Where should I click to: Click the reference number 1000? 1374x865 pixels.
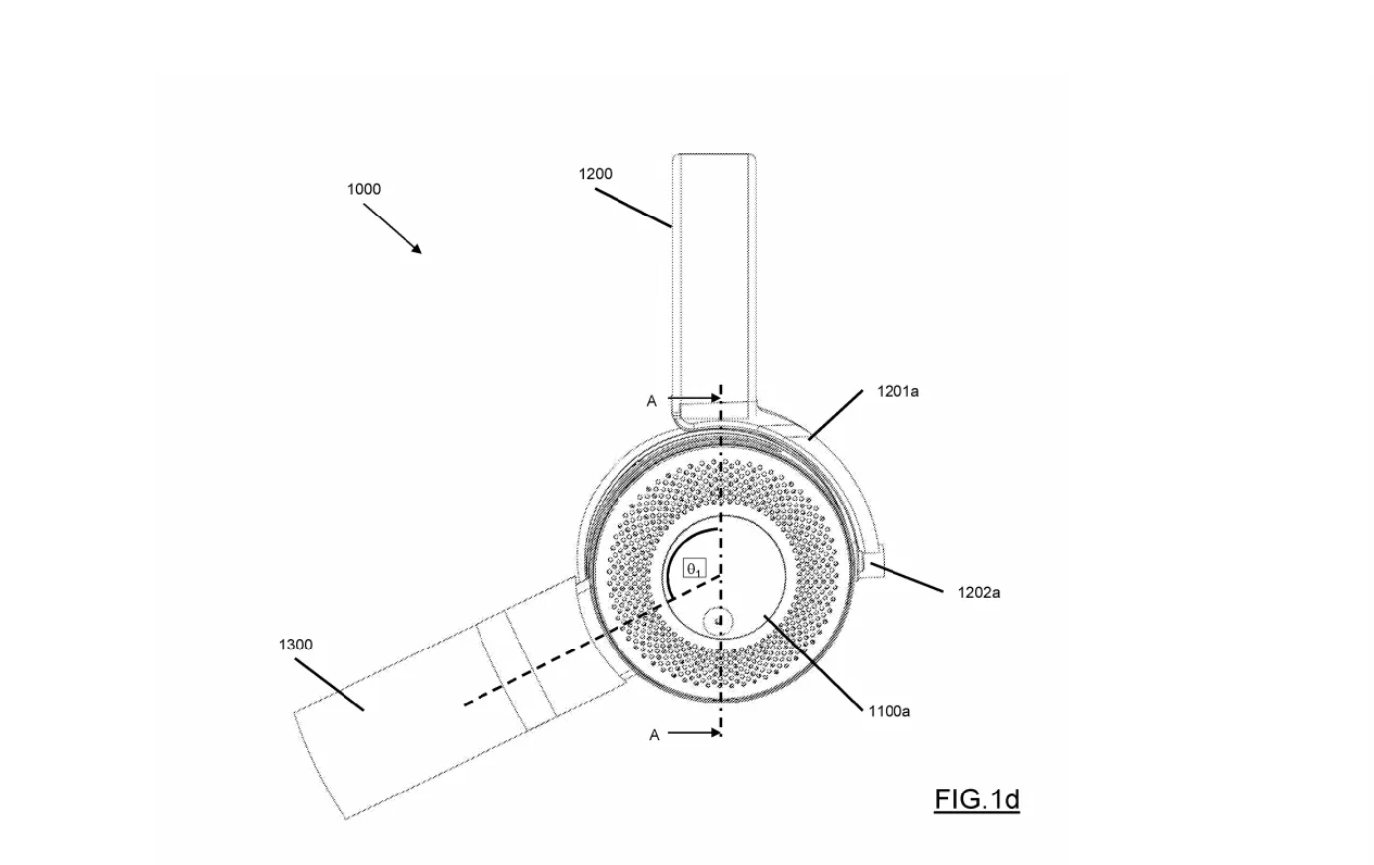click(364, 189)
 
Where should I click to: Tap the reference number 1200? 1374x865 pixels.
click(595, 174)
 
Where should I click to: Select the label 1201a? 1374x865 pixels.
click(898, 392)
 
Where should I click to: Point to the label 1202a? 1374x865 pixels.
click(979, 593)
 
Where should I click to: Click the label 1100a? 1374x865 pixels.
click(890, 712)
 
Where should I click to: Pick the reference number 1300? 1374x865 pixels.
click(296, 645)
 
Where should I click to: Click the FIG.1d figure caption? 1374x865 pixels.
click(977, 800)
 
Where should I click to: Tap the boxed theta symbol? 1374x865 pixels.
click(694, 569)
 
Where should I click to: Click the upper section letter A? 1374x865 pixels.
click(652, 401)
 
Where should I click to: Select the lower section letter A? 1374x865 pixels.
click(654, 735)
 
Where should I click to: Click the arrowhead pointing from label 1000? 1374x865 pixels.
click(417, 248)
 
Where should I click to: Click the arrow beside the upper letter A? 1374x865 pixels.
click(694, 398)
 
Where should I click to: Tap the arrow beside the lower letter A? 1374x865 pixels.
click(694, 733)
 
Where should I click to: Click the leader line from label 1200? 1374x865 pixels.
click(633, 208)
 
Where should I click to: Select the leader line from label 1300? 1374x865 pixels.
click(330, 685)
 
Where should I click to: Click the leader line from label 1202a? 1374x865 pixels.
click(906, 578)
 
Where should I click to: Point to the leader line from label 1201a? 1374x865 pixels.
click(836, 415)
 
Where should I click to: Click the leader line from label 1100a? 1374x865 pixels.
click(813, 662)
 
